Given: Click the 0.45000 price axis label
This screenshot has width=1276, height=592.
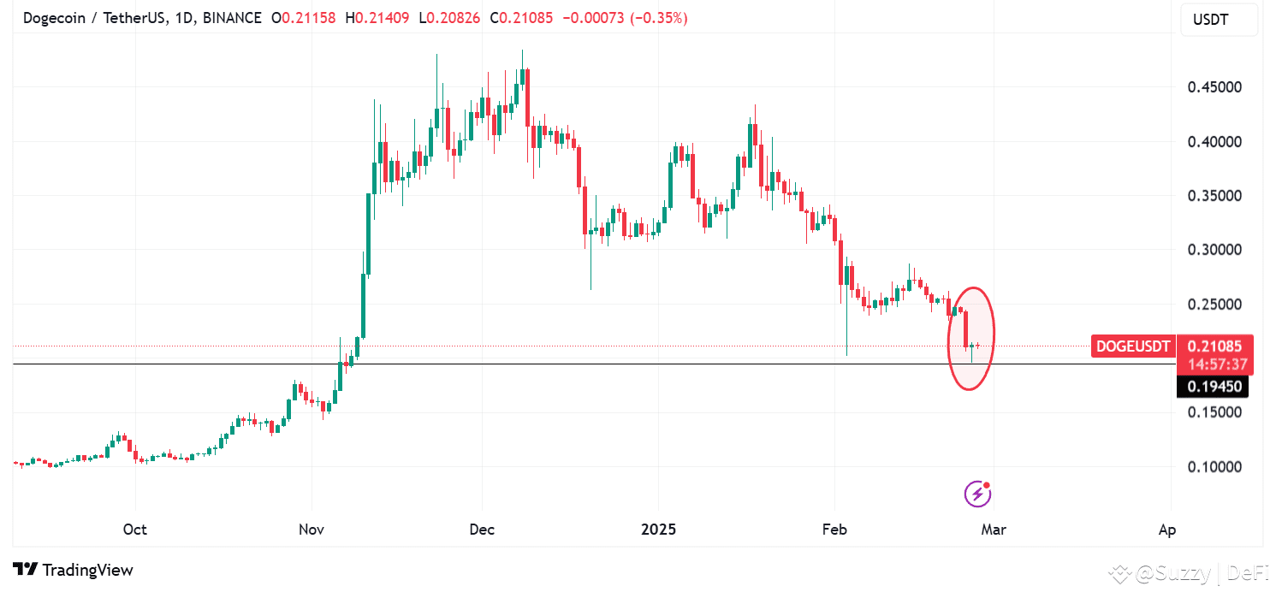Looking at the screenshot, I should click(x=1214, y=87).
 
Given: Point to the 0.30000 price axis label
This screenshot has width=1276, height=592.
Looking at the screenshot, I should click(x=1214, y=250).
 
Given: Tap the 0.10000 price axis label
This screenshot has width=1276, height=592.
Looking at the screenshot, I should click(x=1214, y=467).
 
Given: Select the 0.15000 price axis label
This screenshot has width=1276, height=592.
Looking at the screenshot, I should click(x=1214, y=412).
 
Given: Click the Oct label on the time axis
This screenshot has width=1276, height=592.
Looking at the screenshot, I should click(x=135, y=530).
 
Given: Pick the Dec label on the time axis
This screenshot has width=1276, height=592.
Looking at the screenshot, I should click(x=482, y=530).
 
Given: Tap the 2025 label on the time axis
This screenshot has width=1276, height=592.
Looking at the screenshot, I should click(x=658, y=530).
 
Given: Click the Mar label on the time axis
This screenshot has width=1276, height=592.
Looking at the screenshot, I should click(x=994, y=530).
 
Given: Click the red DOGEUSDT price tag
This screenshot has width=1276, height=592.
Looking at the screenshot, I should click(x=1132, y=346).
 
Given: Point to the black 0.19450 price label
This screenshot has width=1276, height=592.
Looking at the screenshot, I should click(x=1214, y=387).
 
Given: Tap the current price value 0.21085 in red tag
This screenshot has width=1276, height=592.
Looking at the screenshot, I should click(x=1215, y=346).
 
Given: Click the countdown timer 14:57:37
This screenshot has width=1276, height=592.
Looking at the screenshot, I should click(x=1215, y=364).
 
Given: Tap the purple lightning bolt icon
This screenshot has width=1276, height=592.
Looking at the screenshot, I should click(x=977, y=494).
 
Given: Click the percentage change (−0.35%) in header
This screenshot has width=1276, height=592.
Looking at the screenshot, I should click(x=659, y=18).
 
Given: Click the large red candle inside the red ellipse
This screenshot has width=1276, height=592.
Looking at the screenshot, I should click(x=966, y=329).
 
